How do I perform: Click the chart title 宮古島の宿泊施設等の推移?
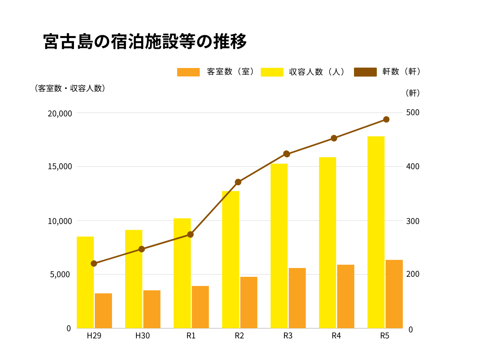click(x=145, y=42)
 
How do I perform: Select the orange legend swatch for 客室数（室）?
click(x=188, y=72)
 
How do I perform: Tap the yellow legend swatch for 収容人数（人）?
click(x=272, y=72)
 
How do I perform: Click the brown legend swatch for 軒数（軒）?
click(x=365, y=72)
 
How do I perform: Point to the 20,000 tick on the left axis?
click(x=60, y=114)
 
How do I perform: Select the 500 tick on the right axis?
click(x=412, y=112)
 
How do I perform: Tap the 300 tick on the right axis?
click(x=412, y=221)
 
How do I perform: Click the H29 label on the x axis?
click(x=94, y=336)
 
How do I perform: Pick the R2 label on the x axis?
click(x=239, y=336)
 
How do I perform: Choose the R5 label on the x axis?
click(x=384, y=336)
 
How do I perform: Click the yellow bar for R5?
click(x=376, y=232)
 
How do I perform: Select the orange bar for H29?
click(x=103, y=311)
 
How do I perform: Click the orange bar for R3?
click(x=297, y=298)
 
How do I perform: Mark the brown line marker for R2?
click(x=238, y=182)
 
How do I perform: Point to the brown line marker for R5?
click(x=386, y=120)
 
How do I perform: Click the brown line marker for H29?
click(x=94, y=264)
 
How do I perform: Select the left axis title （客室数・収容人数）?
click(x=70, y=88)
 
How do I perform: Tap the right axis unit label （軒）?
click(x=412, y=93)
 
